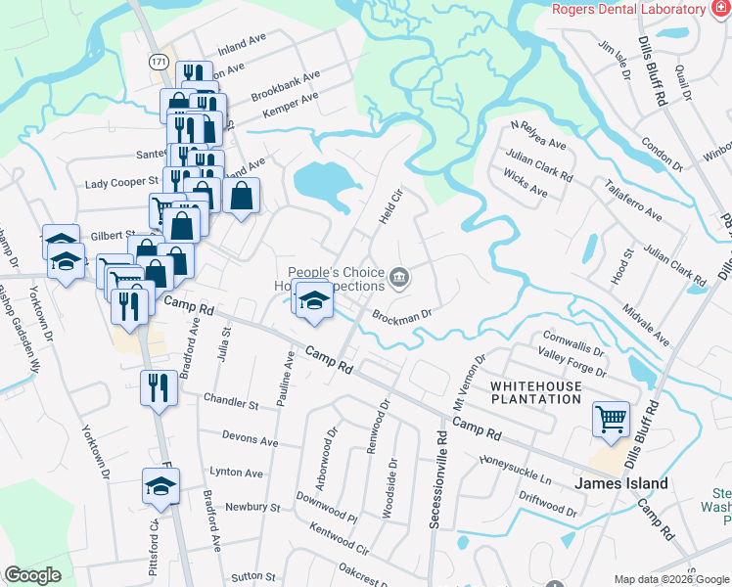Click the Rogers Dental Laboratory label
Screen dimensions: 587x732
[628, 9]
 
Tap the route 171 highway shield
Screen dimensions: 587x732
[159, 61]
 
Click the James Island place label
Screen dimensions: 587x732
[620, 483]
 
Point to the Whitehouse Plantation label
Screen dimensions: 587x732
[535, 392]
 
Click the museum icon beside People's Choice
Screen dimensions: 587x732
[399, 279]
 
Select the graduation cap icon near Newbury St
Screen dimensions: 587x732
[161, 484]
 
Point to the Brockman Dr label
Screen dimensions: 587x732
[401, 315]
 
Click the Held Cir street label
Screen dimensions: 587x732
[389, 209]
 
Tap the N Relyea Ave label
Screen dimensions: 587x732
[538, 137]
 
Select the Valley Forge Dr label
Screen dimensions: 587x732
[572, 366]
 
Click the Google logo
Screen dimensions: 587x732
[33, 575]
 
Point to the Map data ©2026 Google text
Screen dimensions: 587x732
[671, 579]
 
